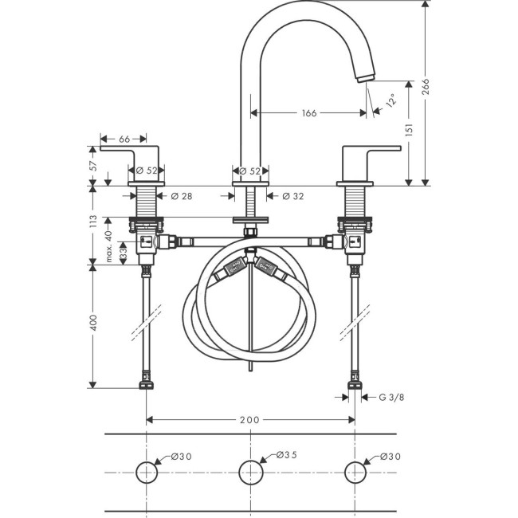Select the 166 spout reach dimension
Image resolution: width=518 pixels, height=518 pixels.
309,113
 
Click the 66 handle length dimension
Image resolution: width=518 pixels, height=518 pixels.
125,139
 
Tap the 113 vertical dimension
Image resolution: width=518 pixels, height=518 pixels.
92,220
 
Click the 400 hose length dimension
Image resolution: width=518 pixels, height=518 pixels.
92,323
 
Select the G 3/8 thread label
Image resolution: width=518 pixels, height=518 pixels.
392,396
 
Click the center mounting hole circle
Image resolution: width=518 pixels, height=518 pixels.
251,472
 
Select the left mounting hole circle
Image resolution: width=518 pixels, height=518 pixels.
146,472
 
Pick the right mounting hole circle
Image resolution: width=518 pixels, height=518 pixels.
355,472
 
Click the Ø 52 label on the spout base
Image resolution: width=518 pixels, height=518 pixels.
251,170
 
